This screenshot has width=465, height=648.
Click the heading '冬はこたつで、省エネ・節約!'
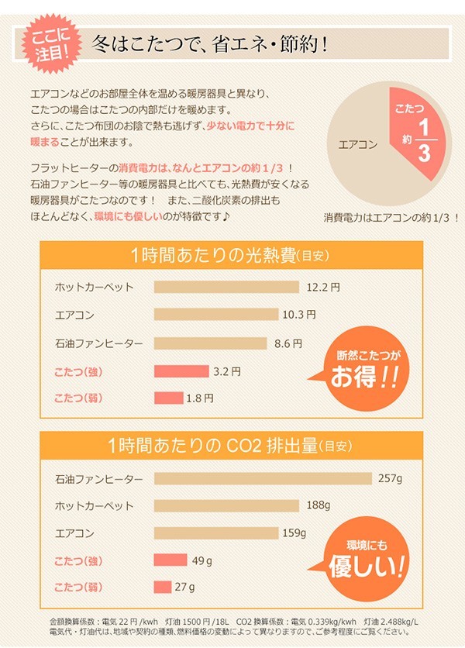(209, 43)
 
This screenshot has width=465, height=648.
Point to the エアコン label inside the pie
(358, 143)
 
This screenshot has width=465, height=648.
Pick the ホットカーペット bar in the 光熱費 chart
(226, 288)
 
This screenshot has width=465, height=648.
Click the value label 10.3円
(299, 315)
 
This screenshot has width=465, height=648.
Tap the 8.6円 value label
(287, 343)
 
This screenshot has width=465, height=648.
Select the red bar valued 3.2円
(181, 371)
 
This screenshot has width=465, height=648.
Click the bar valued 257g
(263, 479)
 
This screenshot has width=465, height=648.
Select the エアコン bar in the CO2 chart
(216, 533)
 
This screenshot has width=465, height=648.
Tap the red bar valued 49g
(170, 560)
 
